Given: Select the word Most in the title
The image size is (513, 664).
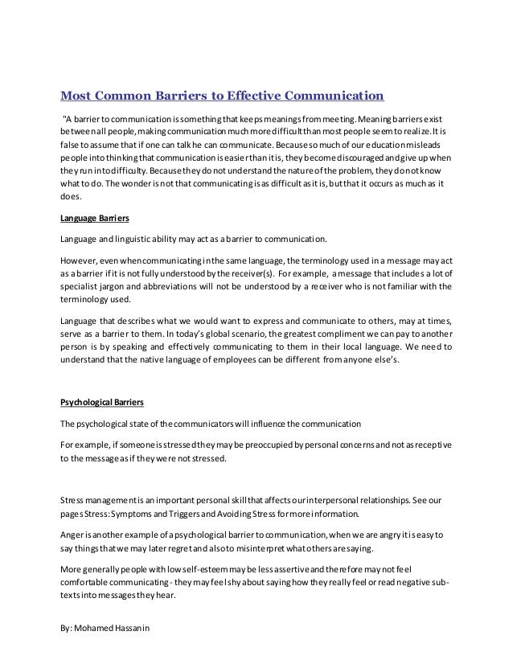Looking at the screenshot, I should pyautogui.click(x=79, y=98).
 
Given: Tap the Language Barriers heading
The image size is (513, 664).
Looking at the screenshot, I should pyautogui.click(x=95, y=219).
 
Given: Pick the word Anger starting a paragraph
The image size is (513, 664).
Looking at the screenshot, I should pyautogui.click(x=73, y=533).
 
